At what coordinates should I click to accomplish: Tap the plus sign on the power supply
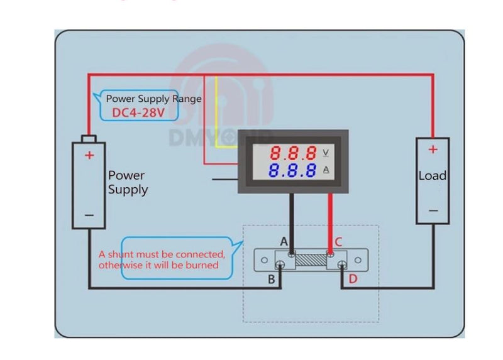(90, 155)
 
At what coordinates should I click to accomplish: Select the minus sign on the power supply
(89, 215)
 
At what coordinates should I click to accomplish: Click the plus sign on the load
(433, 150)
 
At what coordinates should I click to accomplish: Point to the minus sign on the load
(433, 211)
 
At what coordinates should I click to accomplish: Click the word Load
(433, 176)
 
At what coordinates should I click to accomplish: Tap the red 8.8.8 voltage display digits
(294, 152)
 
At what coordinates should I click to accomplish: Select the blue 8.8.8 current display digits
(294, 170)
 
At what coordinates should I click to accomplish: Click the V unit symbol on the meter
(326, 152)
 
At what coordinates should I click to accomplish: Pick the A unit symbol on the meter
(326, 170)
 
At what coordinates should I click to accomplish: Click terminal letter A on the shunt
(284, 242)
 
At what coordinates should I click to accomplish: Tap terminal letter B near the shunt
(272, 280)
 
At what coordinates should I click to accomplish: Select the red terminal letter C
(338, 242)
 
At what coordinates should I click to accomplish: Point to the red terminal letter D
(353, 278)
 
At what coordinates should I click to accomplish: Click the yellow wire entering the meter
(218, 113)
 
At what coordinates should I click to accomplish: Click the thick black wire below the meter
(290, 220)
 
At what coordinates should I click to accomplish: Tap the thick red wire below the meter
(331, 220)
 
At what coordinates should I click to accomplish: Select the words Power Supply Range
(153, 99)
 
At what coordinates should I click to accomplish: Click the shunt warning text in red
(162, 259)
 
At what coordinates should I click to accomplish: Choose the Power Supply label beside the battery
(128, 182)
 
